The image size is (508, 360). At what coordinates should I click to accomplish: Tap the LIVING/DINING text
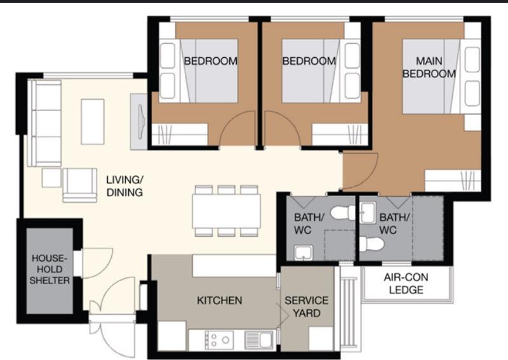point(124,186)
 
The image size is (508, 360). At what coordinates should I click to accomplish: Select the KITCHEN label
point(219,300)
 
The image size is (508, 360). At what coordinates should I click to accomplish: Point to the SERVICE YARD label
point(306,306)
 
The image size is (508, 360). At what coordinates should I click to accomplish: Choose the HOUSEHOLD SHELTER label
point(51,269)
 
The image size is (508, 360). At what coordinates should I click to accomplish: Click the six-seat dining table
point(227,210)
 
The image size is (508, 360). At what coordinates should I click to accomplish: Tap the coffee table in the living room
point(92,121)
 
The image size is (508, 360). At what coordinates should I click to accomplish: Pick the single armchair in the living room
point(80,183)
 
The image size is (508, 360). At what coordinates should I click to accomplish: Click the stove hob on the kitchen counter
point(220,340)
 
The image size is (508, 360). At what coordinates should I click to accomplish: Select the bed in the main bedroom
point(432,76)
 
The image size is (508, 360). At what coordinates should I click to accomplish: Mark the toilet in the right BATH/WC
point(371,244)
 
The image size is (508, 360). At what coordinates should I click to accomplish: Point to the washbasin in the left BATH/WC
point(304,253)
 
